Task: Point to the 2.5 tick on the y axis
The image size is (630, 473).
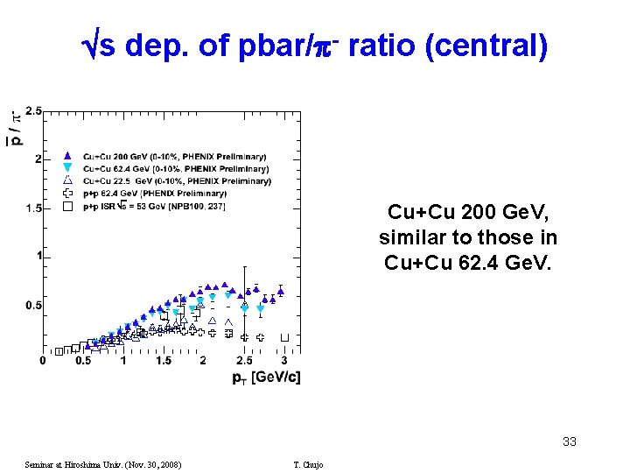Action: coord(33,110)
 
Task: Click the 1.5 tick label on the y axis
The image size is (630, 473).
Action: coord(33,208)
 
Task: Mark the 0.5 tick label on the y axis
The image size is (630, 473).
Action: coord(33,305)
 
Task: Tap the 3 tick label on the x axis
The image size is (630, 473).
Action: coord(283,361)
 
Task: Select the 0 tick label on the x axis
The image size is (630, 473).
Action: coord(44,361)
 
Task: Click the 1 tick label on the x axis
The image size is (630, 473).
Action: coord(123,361)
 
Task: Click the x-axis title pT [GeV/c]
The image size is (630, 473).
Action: coord(266,378)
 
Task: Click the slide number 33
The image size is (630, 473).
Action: coord(569,441)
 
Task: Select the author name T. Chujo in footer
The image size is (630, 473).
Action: coord(308,464)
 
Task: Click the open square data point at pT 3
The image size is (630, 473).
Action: coord(284,337)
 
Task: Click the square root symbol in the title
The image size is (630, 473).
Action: coord(88,46)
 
